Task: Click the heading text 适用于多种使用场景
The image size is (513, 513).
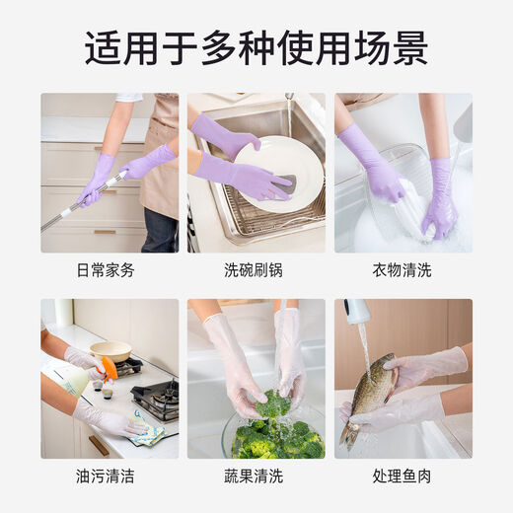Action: [256, 47]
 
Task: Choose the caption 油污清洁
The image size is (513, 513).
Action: [109, 476]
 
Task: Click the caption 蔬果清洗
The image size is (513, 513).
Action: [256, 476]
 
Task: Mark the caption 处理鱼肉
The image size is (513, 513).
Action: [403, 476]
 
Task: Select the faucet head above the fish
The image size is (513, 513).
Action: [357, 312]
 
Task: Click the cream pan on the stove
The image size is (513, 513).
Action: [110, 351]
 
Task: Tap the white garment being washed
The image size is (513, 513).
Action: [404, 212]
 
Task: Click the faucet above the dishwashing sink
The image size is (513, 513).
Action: [289, 109]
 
